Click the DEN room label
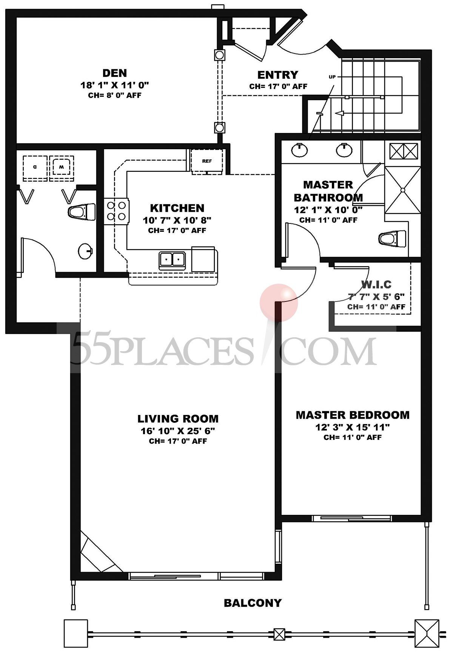(115, 73)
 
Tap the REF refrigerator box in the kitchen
(206, 161)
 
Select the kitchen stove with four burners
(117, 211)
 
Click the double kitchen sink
(172, 259)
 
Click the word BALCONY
(253, 603)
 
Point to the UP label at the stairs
(332, 77)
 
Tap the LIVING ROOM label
(178, 419)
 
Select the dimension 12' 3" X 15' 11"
(353, 427)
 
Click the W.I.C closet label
(376, 284)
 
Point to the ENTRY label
(277, 75)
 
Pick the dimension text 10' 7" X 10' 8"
(177, 220)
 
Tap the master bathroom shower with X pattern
(402, 190)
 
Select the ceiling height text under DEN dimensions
(115, 95)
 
